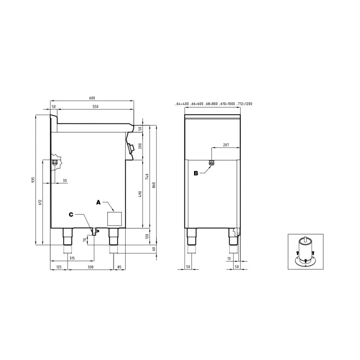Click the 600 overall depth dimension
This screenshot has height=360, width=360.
[x=92, y=98]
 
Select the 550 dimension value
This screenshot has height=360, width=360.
[x=95, y=107]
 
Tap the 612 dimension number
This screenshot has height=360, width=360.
[x=40, y=203]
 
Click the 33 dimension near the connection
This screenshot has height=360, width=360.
[x=64, y=180]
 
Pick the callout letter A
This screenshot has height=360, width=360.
[x=98, y=203]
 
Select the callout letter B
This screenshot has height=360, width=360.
[x=196, y=173]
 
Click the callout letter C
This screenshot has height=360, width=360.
[x=71, y=215]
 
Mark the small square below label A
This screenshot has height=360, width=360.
[x=115, y=219]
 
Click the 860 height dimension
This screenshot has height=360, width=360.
[x=154, y=185]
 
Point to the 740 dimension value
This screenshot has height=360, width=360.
[x=147, y=177]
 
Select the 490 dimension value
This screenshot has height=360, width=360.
[x=140, y=194]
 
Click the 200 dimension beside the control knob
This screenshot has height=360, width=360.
[x=140, y=146]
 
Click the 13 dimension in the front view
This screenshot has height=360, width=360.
[x=229, y=258]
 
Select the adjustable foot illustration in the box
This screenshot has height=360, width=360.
[x=305, y=252]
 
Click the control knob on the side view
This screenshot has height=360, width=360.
[x=131, y=147]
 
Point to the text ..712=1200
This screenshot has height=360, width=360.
[x=244, y=104]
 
